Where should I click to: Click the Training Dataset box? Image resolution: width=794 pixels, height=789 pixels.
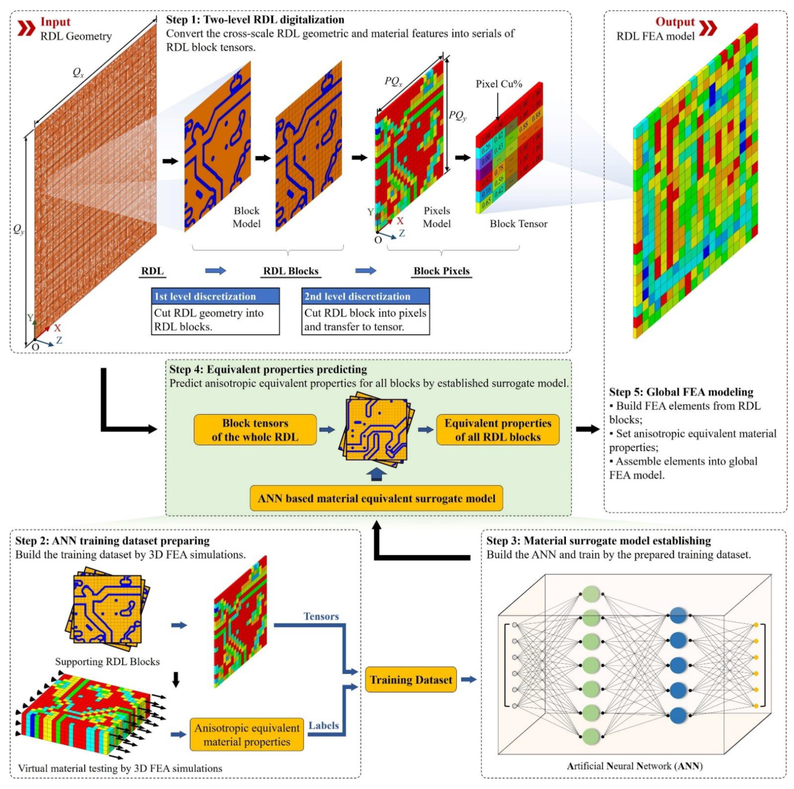(x=410, y=680)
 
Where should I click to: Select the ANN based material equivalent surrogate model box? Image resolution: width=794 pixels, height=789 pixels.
(x=376, y=498)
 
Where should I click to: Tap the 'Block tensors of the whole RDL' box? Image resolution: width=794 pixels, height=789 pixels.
(x=255, y=430)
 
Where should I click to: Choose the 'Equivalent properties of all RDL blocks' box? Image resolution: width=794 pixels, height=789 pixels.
(x=498, y=430)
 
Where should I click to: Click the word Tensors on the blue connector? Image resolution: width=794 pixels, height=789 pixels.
(x=321, y=616)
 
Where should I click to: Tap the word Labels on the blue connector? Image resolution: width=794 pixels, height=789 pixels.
(x=323, y=726)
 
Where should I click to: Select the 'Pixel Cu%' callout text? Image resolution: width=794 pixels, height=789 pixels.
(x=499, y=84)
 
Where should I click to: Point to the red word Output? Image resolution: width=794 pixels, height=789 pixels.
(x=675, y=22)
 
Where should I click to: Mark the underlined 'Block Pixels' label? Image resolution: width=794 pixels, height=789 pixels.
(x=441, y=271)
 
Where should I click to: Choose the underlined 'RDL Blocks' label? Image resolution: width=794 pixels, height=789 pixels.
(x=291, y=271)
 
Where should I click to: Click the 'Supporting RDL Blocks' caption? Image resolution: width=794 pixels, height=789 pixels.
(x=107, y=662)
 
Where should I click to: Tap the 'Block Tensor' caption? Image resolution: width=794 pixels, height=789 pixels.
(x=518, y=224)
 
